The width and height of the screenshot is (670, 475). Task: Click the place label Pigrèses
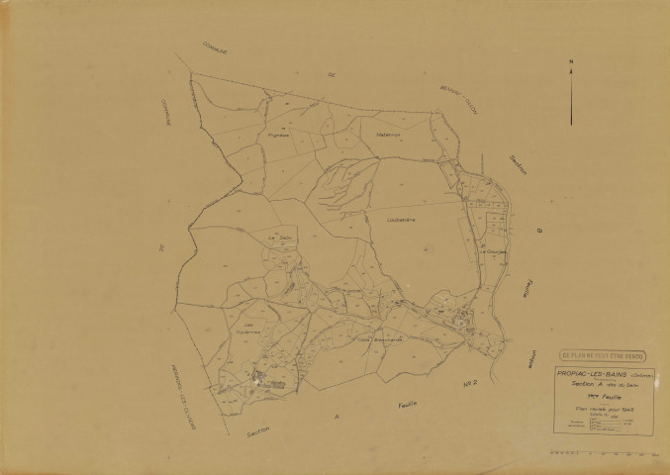tap(278, 139)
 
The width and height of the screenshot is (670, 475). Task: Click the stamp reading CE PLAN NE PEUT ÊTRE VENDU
tap(601, 351)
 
